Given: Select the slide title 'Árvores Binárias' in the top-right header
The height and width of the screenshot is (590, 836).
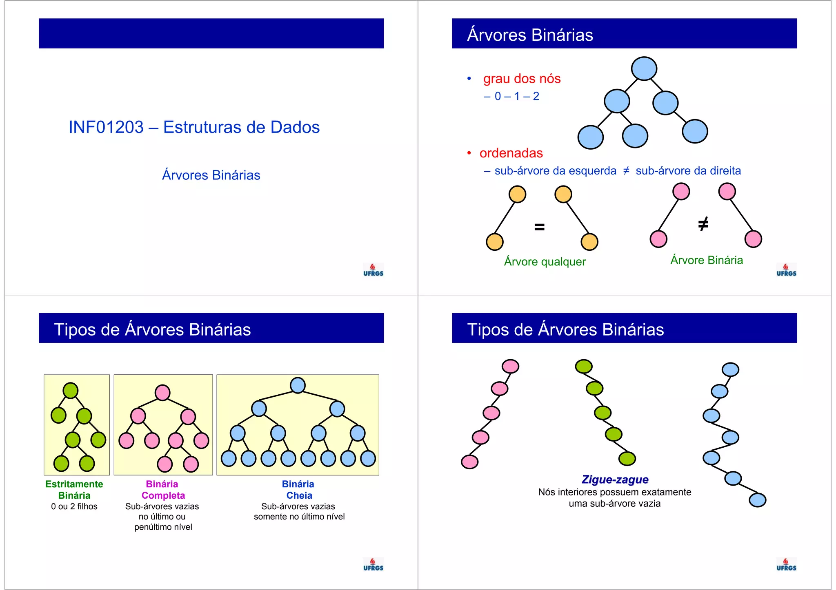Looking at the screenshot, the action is click(x=530, y=35).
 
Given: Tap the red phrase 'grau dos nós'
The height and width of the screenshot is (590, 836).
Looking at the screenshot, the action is click(x=522, y=78).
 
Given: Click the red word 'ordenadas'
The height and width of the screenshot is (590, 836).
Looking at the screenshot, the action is click(x=511, y=153).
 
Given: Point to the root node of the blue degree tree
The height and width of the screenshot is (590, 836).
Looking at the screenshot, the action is click(x=644, y=69).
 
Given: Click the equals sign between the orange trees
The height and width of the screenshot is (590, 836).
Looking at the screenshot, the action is click(x=539, y=227).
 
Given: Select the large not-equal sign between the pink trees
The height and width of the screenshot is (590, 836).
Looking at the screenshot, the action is click(x=703, y=224).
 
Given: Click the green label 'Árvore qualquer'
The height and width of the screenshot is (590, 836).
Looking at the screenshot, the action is click(x=545, y=261).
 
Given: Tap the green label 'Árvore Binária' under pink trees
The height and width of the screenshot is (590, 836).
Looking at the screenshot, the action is click(x=706, y=260).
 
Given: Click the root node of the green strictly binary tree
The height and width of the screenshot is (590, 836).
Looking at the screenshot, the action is click(x=71, y=391).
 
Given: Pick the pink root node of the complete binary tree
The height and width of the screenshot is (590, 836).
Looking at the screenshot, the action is click(x=162, y=393).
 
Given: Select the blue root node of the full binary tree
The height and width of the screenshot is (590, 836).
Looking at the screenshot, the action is click(x=298, y=385).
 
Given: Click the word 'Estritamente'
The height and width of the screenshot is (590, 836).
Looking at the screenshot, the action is click(x=74, y=484).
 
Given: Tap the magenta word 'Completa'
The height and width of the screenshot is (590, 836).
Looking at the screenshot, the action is click(x=163, y=495).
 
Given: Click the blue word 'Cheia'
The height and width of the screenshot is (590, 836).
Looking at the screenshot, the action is click(x=299, y=495).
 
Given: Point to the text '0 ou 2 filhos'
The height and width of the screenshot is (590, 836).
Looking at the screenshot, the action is click(x=74, y=506).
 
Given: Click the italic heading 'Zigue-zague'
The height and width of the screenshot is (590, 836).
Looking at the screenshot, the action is click(x=615, y=480).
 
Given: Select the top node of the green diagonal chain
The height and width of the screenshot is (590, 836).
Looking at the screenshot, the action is click(x=584, y=366).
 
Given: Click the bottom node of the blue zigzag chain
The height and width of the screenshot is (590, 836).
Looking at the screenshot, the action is click(x=757, y=500).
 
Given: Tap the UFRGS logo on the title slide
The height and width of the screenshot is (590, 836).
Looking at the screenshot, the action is click(x=373, y=270).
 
